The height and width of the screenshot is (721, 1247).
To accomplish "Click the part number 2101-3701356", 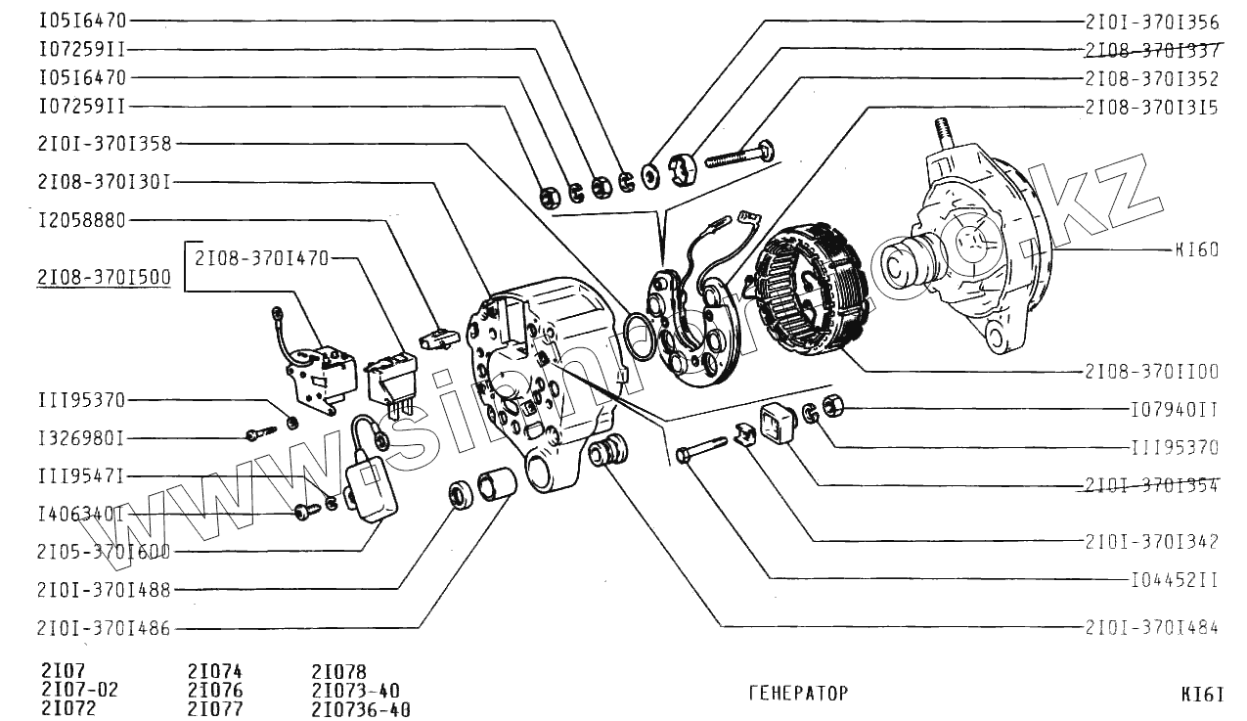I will (1151, 21).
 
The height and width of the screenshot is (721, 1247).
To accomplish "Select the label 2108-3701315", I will (1151, 107).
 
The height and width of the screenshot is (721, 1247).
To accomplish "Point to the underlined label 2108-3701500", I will (104, 278).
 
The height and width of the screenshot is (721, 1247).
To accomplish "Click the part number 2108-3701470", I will (261, 258).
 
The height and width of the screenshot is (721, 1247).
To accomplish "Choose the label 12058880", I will (82, 220).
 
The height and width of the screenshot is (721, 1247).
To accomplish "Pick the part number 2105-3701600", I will (104, 551).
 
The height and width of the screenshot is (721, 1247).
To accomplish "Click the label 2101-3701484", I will (1151, 626).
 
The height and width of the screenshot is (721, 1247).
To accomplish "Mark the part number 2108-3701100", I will (1151, 372).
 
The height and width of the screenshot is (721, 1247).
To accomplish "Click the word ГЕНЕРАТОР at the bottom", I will (798, 694).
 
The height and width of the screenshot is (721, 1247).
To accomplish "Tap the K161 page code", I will (1202, 695).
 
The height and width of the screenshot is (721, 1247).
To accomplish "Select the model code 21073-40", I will (356, 691).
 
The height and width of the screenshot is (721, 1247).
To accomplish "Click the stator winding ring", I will (810, 290).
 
